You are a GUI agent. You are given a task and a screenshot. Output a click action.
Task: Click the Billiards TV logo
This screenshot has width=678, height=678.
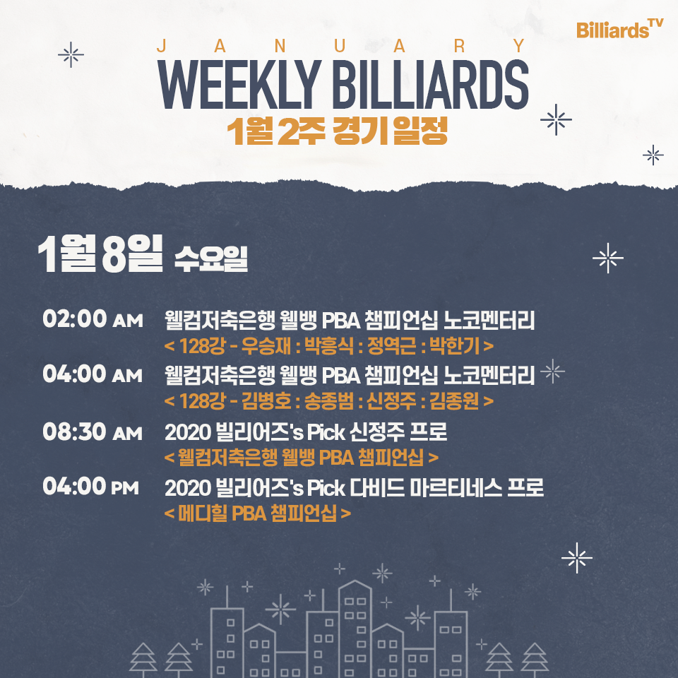pyautogui.click(x=619, y=28)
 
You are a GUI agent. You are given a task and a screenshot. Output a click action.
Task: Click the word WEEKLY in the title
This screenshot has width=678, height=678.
pyautogui.click(x=239, y=85)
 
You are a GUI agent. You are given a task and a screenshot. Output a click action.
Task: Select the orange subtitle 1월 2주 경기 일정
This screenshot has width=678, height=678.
pyautogui.click(x=338, y=131)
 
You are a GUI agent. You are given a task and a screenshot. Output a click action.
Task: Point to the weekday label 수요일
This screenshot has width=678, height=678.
pyautogui.click(x=211, y=259)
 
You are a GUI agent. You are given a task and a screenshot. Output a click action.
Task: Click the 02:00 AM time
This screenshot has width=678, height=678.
pyautogui.click(x=93, y=319)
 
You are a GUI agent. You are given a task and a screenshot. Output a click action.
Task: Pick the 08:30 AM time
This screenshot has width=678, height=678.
pyautogui.click(x=93, y=432)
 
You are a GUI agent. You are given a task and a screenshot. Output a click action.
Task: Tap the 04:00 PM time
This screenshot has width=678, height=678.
pyautogui.click(x=91, y=486)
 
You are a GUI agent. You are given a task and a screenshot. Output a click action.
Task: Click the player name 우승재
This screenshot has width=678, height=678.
pyautogui.click(x=266, y=346)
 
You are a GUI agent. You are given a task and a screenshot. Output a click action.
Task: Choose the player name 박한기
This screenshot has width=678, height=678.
pyautogui.click(x=454, y=346)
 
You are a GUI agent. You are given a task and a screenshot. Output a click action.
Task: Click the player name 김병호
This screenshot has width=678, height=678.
pyautogui.click(x=266, y=401)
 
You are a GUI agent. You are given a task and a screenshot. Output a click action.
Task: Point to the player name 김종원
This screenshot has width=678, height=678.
pyautogui.click(x=454, y=401)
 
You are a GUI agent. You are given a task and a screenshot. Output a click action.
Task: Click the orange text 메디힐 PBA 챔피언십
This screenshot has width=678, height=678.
pyautogui.click(x=257, y=513)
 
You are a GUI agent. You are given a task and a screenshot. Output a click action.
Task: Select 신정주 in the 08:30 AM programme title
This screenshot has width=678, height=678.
pyautogui.click(x=377, y=432)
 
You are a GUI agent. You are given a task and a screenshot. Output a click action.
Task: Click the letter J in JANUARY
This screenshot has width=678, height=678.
pyautogui.click(x=161, y=45)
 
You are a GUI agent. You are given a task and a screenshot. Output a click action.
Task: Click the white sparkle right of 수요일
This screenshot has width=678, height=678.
pyautogui.click(x=608, y=258)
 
